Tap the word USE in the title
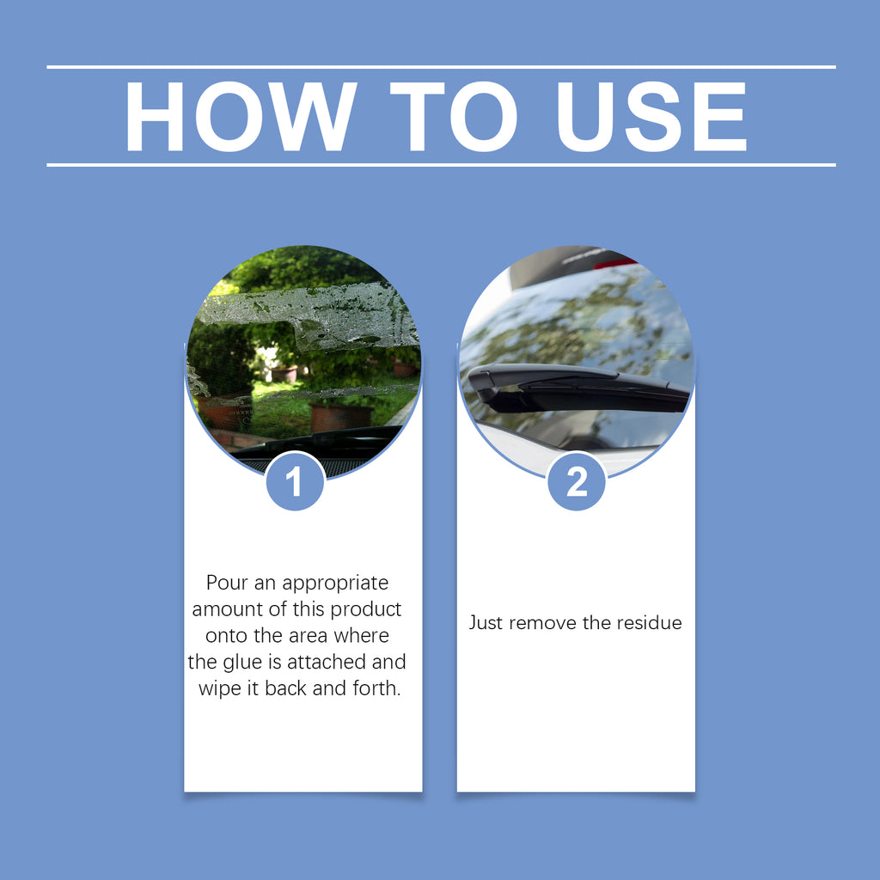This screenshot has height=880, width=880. [x=651, y=116]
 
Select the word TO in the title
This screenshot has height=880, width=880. [x=454, y=116]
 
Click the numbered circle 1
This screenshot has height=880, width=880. [x=296, y=481]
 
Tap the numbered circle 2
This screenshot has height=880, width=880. [x=577, y=481]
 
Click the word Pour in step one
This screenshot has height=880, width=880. [x=227, y=583]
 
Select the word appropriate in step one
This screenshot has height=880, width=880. [x=335, y=584]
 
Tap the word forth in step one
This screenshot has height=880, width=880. [x=376, y=688]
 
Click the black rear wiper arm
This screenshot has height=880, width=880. [x=578, y=388]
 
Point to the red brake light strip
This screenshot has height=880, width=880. [x=614, y=262]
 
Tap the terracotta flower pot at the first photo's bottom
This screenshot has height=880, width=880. [x=340, y=418]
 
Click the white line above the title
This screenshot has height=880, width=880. [x=441, y=67]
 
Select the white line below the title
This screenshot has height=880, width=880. [x=441, y=165]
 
